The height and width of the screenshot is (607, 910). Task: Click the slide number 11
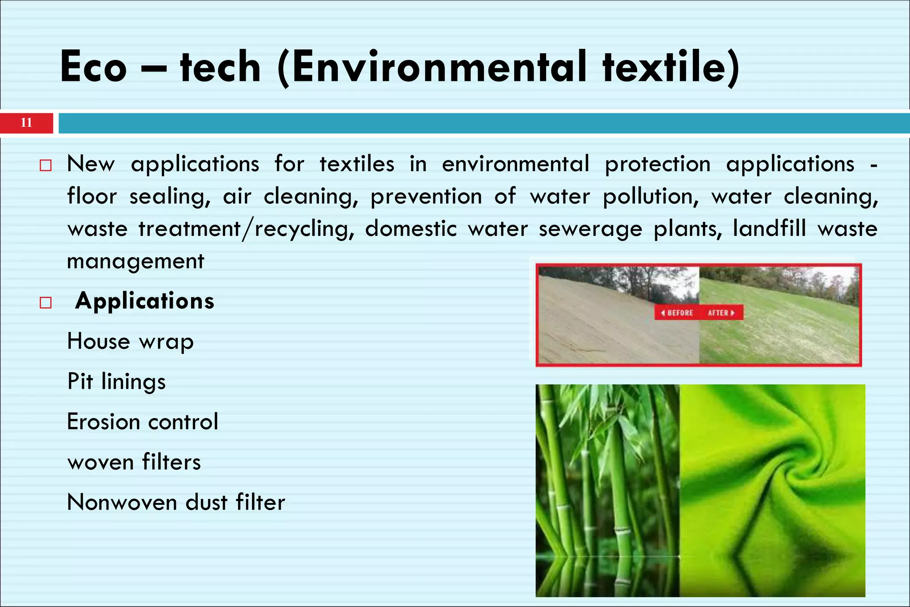tap(27, 123)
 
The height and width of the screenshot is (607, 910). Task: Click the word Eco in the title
tap(94, 68)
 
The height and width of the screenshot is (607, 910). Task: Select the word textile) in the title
tap(671, 68)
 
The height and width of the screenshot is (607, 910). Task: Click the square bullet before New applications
tap(45, 166)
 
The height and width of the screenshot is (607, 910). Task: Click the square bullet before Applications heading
tap(45, 303)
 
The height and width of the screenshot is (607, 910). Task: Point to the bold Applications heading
tap(145, 301)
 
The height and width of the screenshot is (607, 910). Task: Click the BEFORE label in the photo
tap(677, 313)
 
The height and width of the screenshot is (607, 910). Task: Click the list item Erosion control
tap(143, 422)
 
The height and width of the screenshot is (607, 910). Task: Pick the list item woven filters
tap(134, 462)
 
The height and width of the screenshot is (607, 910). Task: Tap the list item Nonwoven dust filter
tap(176, 503)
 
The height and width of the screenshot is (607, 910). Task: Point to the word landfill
tap(769, 229)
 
